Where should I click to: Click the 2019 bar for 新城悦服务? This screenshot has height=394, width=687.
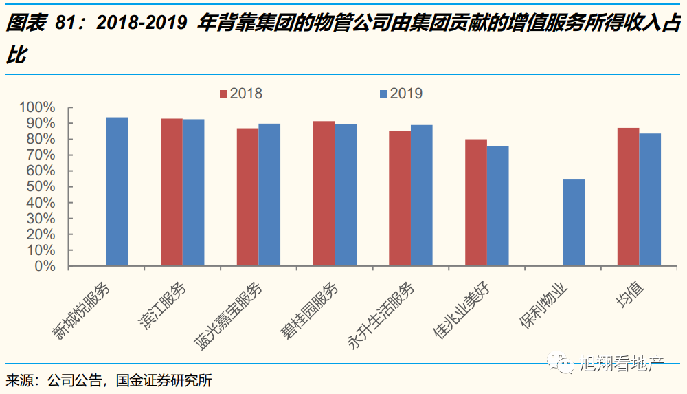(x=117, y=191)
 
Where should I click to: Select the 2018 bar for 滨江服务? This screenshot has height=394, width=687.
(x=172, y=192)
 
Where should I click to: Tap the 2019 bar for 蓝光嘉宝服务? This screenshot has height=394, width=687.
(x=269, y=195)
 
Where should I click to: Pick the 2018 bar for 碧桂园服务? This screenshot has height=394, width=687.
(x=324, y=193)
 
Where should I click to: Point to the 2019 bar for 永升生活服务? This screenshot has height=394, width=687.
(x=422, y=195)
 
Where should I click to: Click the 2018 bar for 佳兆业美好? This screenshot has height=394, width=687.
(x=476, y=202)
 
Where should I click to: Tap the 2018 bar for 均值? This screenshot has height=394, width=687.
(x=628, y=197)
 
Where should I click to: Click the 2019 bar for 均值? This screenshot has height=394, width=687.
(x=650, y=199)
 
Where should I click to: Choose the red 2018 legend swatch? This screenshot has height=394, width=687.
(x=223, y=94)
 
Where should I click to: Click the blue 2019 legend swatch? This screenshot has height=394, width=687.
(x=383, y=94)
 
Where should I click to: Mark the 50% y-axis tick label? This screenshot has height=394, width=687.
(x=40, y=187)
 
